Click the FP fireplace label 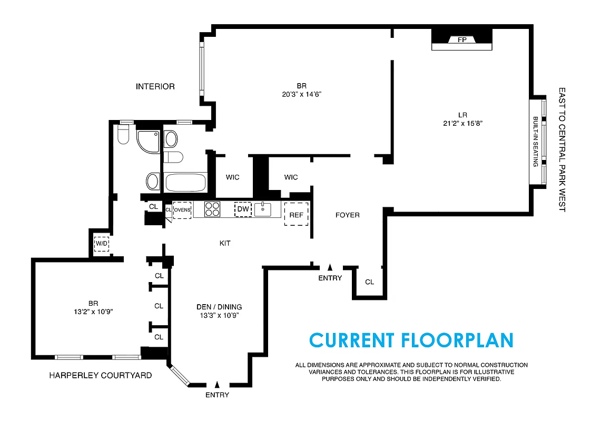pyautogui.click(x=462, y=40)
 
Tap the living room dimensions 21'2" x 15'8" pyautogui.click(x=463, y=123)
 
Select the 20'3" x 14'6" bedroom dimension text pyautogui.click(x=301, y=95)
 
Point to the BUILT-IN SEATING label pyautogui.click(x=535, y=142)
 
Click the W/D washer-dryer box pyautogui.click(x=101, y=244)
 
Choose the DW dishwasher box pyautogui.click(x=243, y=209)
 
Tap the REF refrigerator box pyautogui.click(x=296, y=215)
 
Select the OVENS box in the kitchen pyautogui.click(x=182, y=209)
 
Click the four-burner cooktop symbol pyautogui.click(x=212, y=209)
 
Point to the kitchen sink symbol pyautogui.click(x=263, y=209)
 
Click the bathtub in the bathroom pyautogui.click(x=185, y=183)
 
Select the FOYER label pyautogui.click(x=348, y=215)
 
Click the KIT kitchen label pyautogui.click(x=225, y=243)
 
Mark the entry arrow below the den pyautogui.click(x=217, y=385)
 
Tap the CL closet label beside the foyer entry pyautogui.click(x=370, y=282)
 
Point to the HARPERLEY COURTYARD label pyautogui.click(x=100, y=375)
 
